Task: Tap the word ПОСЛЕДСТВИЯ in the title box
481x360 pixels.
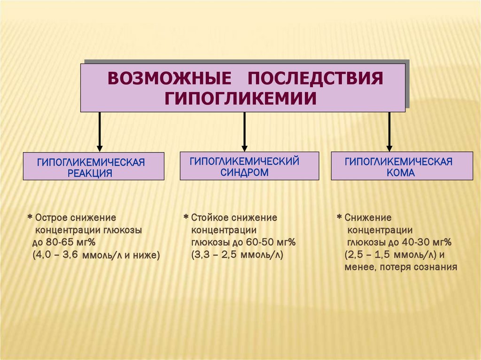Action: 314,78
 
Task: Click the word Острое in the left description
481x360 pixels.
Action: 51,218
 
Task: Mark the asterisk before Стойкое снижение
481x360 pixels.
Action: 186,217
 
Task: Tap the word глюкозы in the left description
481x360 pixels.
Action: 124,230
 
